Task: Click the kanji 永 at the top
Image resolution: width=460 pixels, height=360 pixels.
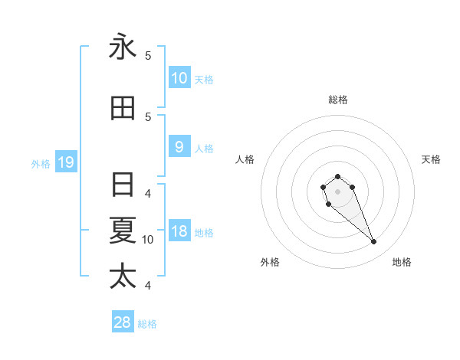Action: (123, 47)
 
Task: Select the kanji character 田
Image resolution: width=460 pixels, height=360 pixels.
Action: (123, 108)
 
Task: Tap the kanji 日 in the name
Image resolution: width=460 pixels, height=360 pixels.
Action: (123, 185)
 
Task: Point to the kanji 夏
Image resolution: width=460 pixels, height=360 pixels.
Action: (123, 230)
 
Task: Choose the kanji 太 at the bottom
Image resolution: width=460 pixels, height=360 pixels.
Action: (123, 275)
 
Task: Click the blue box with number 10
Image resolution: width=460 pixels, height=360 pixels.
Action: (179, 77)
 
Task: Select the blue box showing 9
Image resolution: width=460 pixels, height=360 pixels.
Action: (179, 147)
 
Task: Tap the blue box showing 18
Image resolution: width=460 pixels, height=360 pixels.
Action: (179, 232)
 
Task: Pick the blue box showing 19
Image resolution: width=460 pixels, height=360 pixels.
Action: (65, 162)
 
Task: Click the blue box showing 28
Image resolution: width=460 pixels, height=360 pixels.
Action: (123, 322)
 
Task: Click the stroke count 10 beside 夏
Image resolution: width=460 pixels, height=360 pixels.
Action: (148, 240)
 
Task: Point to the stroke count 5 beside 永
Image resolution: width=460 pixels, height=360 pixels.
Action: (148, 55)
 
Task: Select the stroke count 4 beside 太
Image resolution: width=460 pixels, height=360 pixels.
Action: (148, 286)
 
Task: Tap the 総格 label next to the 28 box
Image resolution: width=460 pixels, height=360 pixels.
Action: (147, 323)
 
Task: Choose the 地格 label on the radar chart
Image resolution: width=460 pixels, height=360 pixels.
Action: (402, 262)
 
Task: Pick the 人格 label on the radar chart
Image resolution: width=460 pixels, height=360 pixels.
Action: (245, 159)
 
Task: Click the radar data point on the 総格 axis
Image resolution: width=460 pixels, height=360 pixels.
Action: (337, 176)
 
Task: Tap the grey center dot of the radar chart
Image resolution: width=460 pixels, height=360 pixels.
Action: (337, 191)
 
